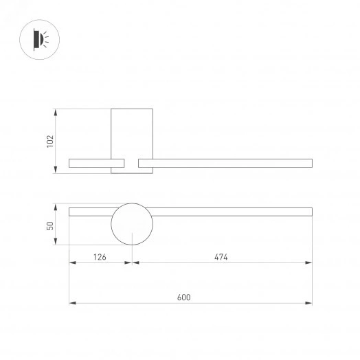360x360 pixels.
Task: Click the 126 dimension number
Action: pos(100,257)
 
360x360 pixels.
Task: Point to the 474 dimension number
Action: pos(220,257)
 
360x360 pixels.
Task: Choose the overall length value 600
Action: pos(183,297)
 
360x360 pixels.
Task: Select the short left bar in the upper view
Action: pos(96,163)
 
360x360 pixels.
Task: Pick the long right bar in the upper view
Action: pos(225,163)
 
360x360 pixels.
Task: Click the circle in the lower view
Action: pos(131,225)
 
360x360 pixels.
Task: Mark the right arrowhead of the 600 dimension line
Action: pos(310,303)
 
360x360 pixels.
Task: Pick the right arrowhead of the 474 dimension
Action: pos(310,262)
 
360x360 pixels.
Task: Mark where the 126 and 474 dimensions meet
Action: pos(131,262)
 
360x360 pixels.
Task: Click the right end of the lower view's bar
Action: pos(311,212)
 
